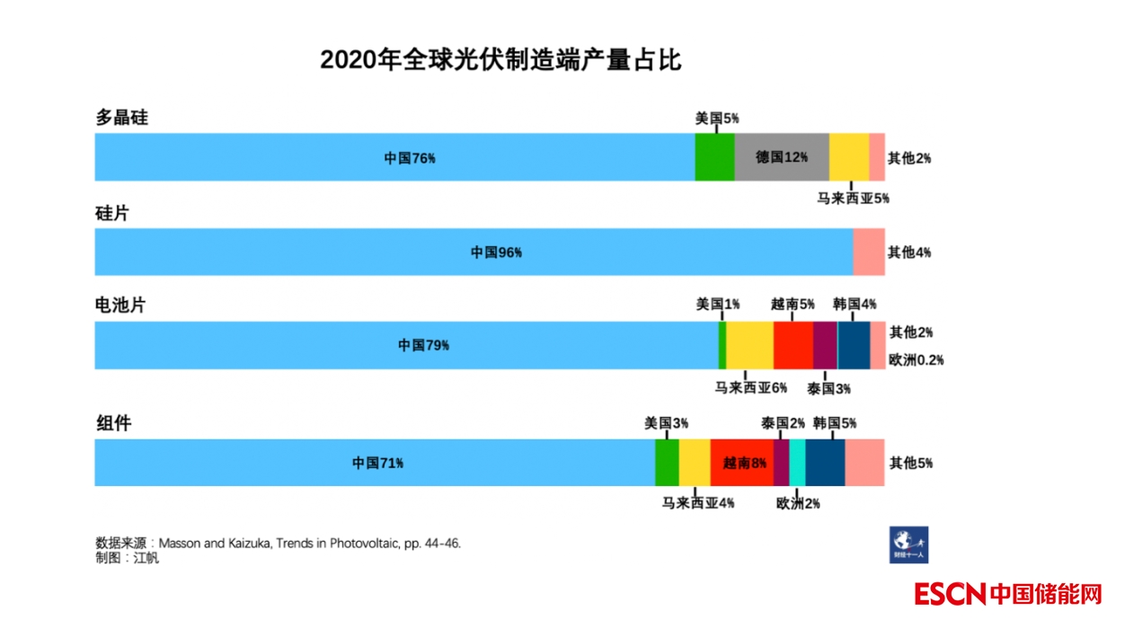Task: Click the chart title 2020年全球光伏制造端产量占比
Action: (500, 60)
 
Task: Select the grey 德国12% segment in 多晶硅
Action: (781, 157)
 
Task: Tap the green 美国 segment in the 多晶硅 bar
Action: (714, 157)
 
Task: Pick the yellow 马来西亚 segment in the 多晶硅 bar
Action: (848, 157)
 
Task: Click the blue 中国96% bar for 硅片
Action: (474, 252)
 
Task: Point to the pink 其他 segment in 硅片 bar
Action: (868, 252)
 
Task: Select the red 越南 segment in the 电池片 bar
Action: (793, 346)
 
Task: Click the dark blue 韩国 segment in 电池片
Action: (853, 346)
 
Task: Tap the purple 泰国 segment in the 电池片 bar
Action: (825, 346)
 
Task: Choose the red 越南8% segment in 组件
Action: (741, 464)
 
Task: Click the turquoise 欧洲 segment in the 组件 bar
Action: (797, 464)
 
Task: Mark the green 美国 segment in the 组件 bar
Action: (667, 464)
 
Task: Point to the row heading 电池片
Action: (120, 306)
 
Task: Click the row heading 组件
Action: (113, 422)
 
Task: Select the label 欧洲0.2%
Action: (916, 360)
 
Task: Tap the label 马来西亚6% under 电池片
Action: (750, 388)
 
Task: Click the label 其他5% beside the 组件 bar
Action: (910, 464)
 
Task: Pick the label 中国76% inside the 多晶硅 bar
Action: (410, 158)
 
